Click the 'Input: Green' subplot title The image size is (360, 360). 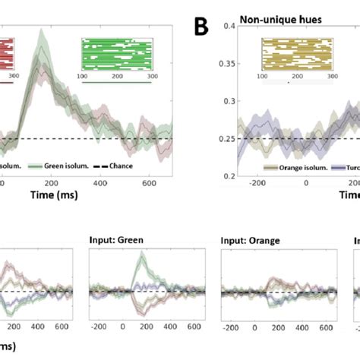point(117,242)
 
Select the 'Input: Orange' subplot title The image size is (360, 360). point(250,242)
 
